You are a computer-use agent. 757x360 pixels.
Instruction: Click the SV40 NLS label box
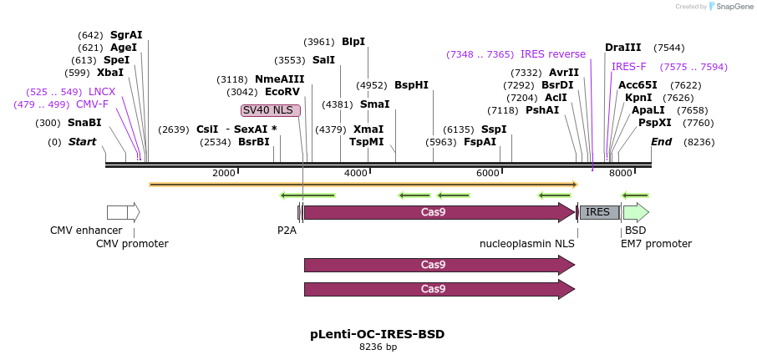[x=270, y=110]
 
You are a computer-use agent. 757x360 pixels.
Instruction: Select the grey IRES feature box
[x=599, y=212]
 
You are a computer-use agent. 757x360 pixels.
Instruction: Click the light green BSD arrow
[x=635, y=212]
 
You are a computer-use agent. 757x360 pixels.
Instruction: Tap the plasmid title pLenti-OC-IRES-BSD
[x=378, y=334]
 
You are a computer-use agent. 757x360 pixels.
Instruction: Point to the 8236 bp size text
[x=378, y=347]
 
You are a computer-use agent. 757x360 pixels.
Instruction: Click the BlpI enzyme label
[x=353, y=42]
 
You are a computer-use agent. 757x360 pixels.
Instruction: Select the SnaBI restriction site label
[x=84, y=123]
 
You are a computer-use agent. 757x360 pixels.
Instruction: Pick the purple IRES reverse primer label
[x=553, y=54]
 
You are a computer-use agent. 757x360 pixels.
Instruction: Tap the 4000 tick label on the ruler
[x=356, y=173]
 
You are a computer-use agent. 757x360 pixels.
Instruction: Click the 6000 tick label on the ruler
[x=487, y=173]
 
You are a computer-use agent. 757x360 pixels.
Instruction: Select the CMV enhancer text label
[x=86, y=231]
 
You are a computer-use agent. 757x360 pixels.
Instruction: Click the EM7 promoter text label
[x=656, y=244]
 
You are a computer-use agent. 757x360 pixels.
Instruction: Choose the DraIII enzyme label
[x=623, y=48]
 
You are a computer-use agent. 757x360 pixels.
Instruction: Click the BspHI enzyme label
[x=411, y=85]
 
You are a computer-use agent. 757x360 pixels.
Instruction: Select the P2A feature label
[x=287, y=231]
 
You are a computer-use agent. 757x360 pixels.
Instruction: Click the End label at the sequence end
[x=661, y=142]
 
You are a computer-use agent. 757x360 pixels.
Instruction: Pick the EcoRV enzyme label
[x=282, y=92]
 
